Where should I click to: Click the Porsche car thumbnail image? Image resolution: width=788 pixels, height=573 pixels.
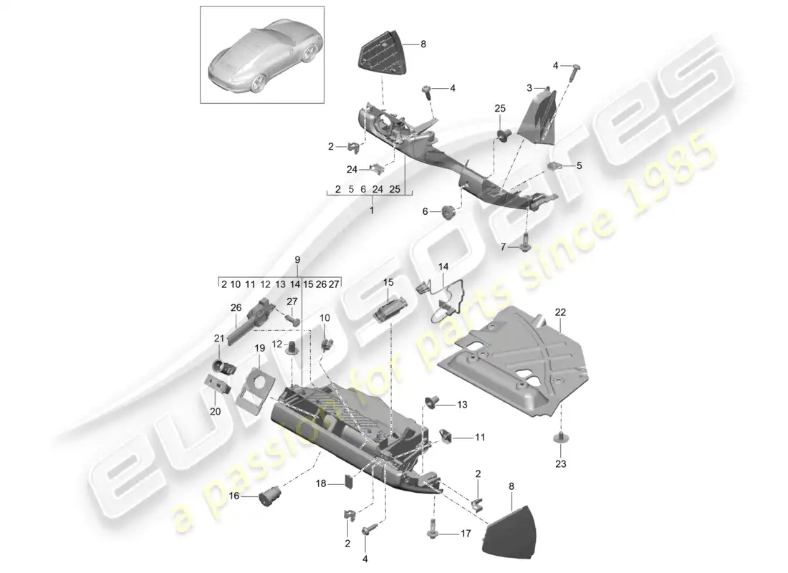point(261,54)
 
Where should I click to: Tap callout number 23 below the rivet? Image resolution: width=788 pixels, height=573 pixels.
point(560,464)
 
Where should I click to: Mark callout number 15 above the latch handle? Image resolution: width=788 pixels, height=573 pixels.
point(388,282)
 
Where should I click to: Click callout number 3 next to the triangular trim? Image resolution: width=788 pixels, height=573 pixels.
point(530,89)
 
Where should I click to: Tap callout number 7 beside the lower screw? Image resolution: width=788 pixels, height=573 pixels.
point(504,246)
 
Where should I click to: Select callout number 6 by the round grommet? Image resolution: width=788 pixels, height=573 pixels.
point(425,211)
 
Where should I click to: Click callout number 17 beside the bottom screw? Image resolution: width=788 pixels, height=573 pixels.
point(466,533)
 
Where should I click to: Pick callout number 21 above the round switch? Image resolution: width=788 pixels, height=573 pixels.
point(219,338)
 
